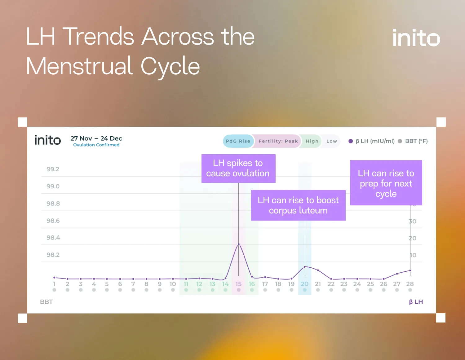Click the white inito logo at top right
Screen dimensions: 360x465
point(416,38)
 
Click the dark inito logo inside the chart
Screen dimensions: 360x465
point(47,140)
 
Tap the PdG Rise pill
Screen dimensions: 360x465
point(238,141)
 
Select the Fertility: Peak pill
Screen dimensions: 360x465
point(278,141)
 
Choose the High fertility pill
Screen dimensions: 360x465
point(312,141)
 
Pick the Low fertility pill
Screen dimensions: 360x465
point(331,141)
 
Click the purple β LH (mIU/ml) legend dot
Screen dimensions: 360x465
point(351,141)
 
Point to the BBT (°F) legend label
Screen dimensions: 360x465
point(416,141)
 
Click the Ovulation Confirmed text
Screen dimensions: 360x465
point(96,145)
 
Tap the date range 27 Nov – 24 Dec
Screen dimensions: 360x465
point(96,138)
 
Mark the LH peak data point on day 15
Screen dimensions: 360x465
point(239,244)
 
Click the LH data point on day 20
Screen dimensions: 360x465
point(305,266)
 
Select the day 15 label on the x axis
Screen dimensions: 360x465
point(238,284)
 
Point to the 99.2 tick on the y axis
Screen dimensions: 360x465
point(53,169)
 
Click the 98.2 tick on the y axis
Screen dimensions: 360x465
point(53,255)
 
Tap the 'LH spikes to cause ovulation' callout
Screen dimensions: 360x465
point(238,168)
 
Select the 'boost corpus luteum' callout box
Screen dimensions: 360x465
point(298,205)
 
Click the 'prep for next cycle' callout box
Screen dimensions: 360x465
point(386,183)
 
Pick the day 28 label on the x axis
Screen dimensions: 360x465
point(410,284)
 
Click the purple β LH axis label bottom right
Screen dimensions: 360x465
point(416,302)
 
